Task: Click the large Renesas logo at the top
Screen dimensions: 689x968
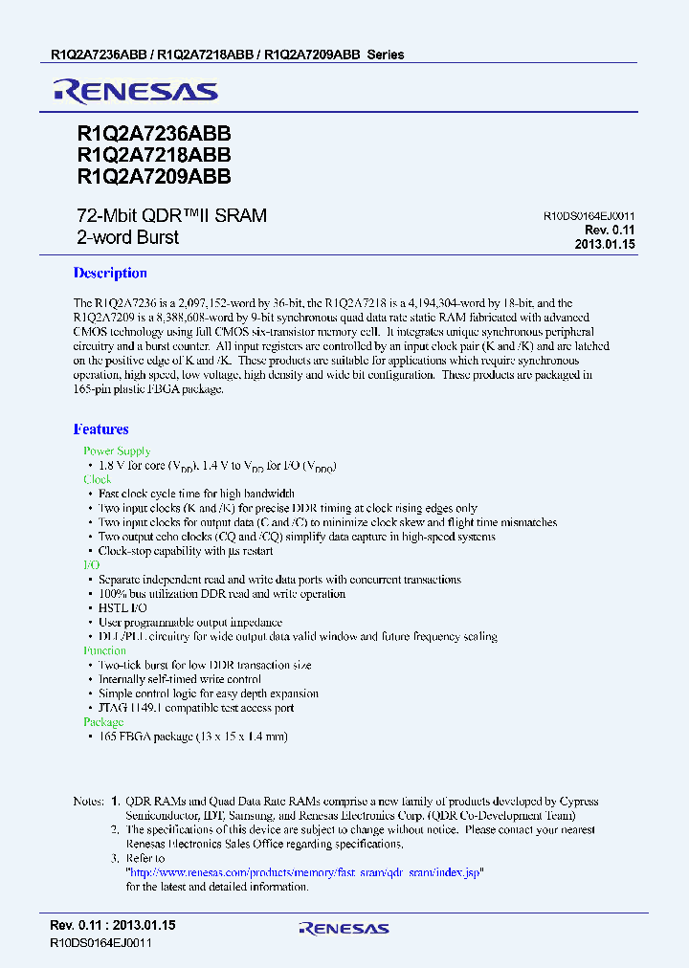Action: coord(136,92)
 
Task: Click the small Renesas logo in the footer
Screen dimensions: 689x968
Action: coord(344,928)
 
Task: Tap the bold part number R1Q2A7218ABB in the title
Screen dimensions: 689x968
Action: coord(152,156)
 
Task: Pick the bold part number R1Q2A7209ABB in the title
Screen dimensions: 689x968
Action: coord(152,176)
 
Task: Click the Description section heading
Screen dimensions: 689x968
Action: coord(110,273)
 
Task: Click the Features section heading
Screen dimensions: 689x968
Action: coord(101,429)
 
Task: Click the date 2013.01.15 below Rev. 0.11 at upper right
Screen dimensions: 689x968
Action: coord(605,245)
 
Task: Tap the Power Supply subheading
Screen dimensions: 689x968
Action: coord(117,451)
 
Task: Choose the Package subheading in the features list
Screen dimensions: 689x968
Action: coord(103,722)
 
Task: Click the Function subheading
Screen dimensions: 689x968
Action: coord(105,650)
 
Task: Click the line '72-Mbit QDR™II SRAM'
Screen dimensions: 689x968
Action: coord(170,216)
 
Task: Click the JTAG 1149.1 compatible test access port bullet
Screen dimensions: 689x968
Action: coord(196,708)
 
